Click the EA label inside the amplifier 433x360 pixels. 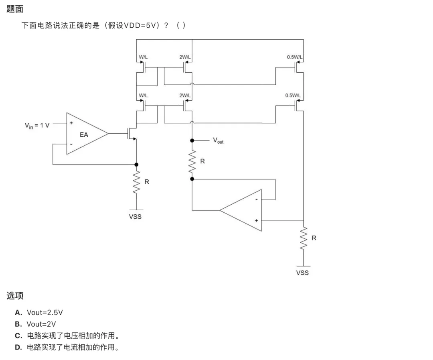[84, 135]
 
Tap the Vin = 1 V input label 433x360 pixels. [37, 126]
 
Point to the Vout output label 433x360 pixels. [218, 141]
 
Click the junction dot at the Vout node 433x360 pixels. [192, 141]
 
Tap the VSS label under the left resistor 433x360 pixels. [136, 217]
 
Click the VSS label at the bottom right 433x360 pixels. [302, 273]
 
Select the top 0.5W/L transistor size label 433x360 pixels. [295, 57]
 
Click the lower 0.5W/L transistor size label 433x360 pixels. [293, 96]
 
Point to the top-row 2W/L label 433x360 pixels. [185, 57]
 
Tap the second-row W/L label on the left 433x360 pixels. [143, 96]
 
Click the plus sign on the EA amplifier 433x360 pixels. [71, 123]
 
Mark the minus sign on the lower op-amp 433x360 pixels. [257, 199]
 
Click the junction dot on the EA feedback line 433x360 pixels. [136, 165]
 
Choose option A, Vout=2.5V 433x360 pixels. [39, 313]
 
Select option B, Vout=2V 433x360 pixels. [35, 324]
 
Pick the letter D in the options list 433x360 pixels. [18, 347]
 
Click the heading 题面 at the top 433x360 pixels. [15, 9]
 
